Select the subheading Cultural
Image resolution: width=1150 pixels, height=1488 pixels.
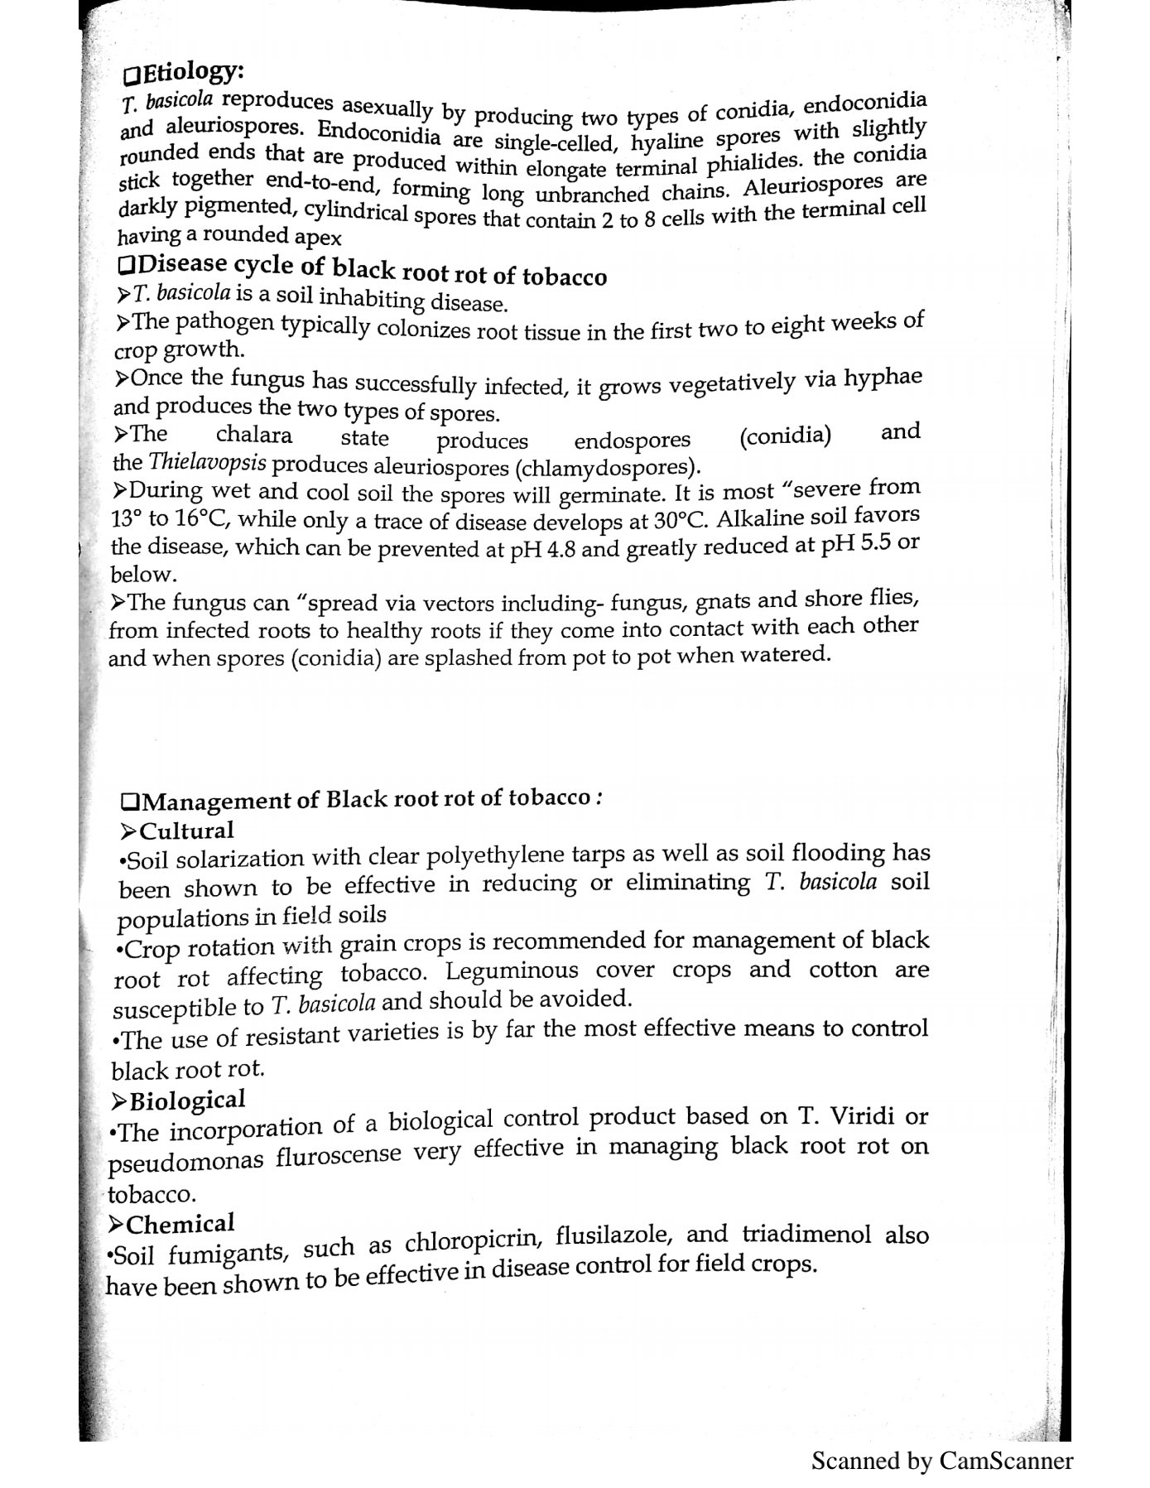(x=186, y=831)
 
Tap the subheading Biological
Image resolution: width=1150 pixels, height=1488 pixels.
(x=187, y=1100)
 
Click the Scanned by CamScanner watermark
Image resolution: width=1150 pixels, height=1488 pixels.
(x=941, y=1460)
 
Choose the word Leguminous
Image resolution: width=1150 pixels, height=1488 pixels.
(x=512, y=970)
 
